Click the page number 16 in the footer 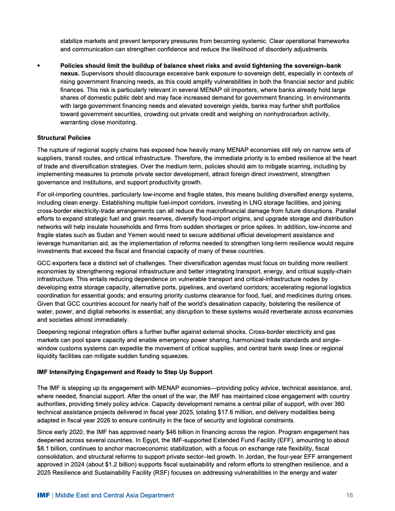click(x=350, y=495)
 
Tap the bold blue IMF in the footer click(x=44, y=495)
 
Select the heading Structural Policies click(x=63, y=138)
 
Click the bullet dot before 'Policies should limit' click(x=39, y=65)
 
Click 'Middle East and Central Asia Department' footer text click(x=115, y=495)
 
